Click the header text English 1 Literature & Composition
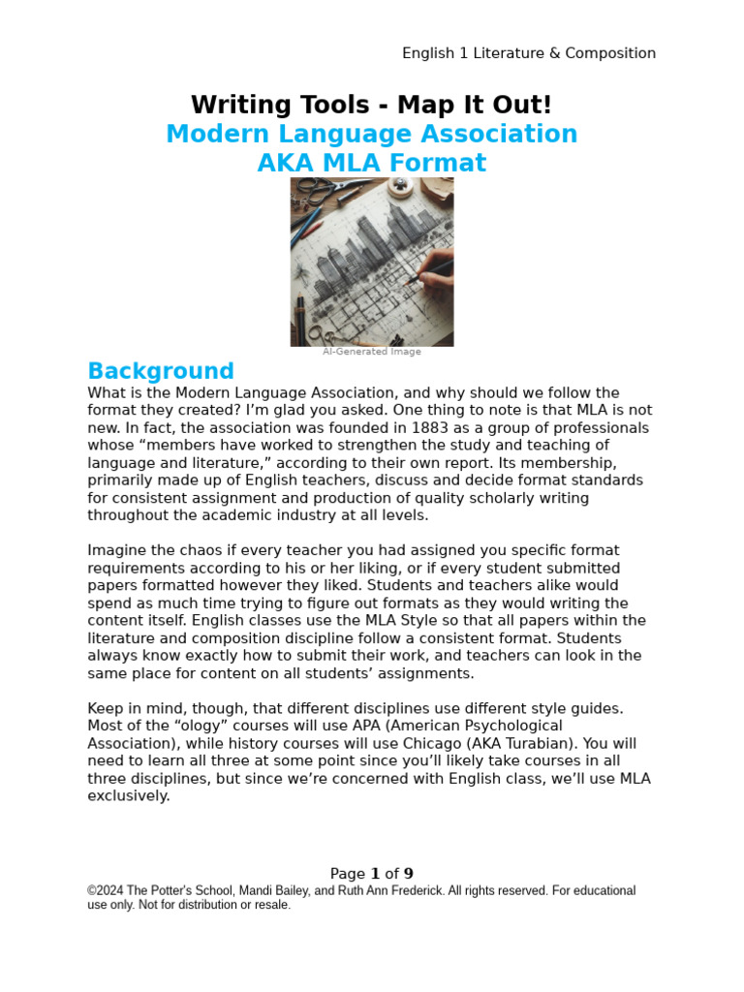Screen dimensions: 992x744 tap(529, 53)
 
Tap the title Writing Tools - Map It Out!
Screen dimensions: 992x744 tap(371, 105)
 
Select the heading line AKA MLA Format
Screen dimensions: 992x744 tap(371, 163)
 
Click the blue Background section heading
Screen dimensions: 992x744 tap(161, 371)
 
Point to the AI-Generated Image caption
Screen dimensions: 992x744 tap(372, 352)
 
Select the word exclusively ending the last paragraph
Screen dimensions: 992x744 tap(129, 795)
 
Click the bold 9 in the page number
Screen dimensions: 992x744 tap(409, 873)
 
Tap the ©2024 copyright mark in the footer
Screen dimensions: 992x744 tap(107, 890)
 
